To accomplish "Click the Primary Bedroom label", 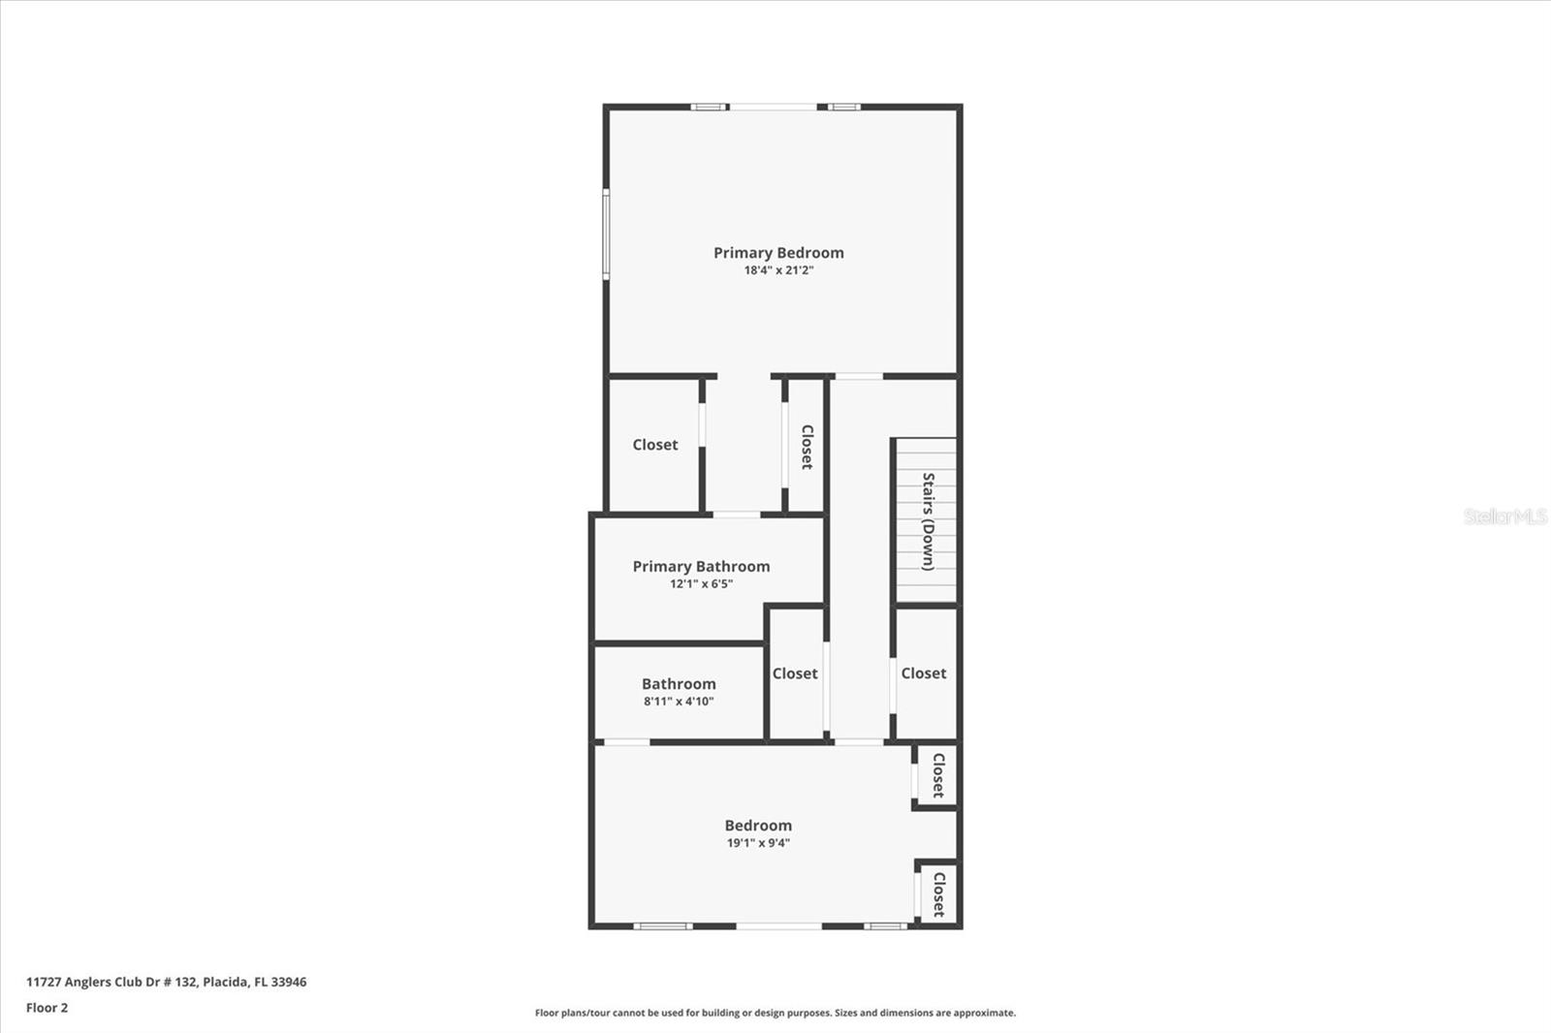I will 778,253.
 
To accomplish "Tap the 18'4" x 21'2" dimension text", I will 778,270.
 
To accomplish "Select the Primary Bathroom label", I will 701,566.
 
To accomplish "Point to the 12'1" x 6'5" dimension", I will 701,583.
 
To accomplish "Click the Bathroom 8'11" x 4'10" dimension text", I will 679,701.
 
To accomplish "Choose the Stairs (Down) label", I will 928,520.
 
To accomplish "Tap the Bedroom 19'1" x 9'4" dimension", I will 758,842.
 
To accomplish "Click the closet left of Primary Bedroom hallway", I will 654,445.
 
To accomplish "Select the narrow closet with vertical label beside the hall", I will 806,446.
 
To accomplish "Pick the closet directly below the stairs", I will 924,673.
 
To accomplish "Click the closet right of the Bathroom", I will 795,673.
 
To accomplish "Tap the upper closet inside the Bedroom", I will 937,774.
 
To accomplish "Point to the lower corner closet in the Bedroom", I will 938,893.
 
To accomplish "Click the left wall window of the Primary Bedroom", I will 607,235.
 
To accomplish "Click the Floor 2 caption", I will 47,1008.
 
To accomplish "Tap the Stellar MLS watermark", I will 1504,516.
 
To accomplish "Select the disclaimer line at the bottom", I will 775,1013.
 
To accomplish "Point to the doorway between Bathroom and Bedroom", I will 626,742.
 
